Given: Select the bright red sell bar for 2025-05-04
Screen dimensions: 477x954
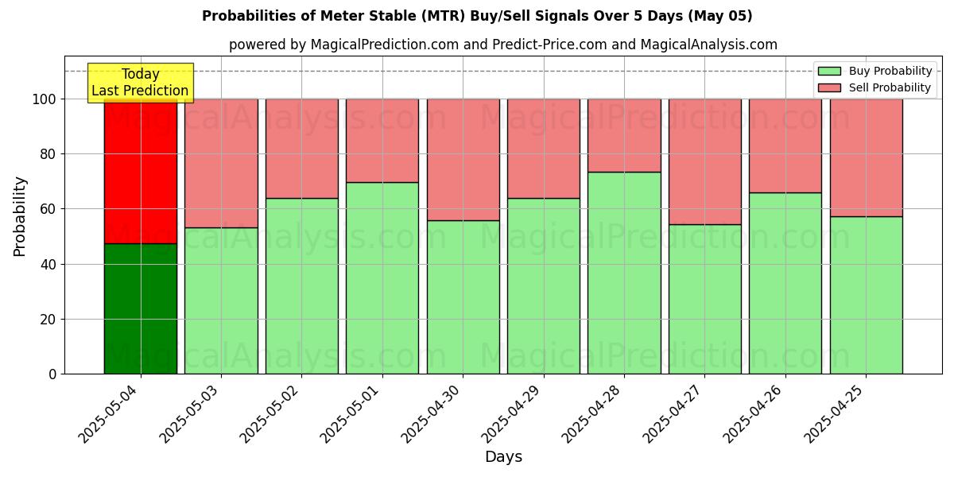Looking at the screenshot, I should click(x=141, y=171).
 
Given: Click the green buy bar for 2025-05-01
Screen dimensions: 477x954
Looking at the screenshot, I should click(x=382, y=278).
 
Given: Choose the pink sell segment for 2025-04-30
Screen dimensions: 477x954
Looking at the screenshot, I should click(x=463, y=159).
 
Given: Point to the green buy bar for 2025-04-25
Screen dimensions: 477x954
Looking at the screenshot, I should click(x=866, y=295).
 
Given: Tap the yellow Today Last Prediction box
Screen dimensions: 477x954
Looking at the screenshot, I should click(x=141, y=83).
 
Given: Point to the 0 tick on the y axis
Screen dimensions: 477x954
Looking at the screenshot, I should click(x=53, y=374).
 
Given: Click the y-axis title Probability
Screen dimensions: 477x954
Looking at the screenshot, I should click(x=20, y=216).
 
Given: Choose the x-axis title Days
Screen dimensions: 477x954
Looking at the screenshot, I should click(x=503, y=457).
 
